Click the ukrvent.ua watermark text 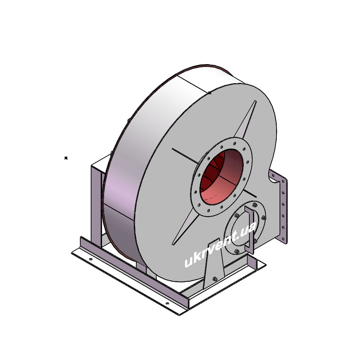coord(220,244)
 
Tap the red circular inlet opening coord(221,176)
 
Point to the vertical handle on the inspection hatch coord(249,230)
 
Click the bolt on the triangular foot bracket coord(215,279)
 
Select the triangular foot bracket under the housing coord(214,264)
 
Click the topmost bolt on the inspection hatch coord(255,205)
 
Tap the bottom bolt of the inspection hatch coord(237,252)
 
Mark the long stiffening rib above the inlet coord(245,120)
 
